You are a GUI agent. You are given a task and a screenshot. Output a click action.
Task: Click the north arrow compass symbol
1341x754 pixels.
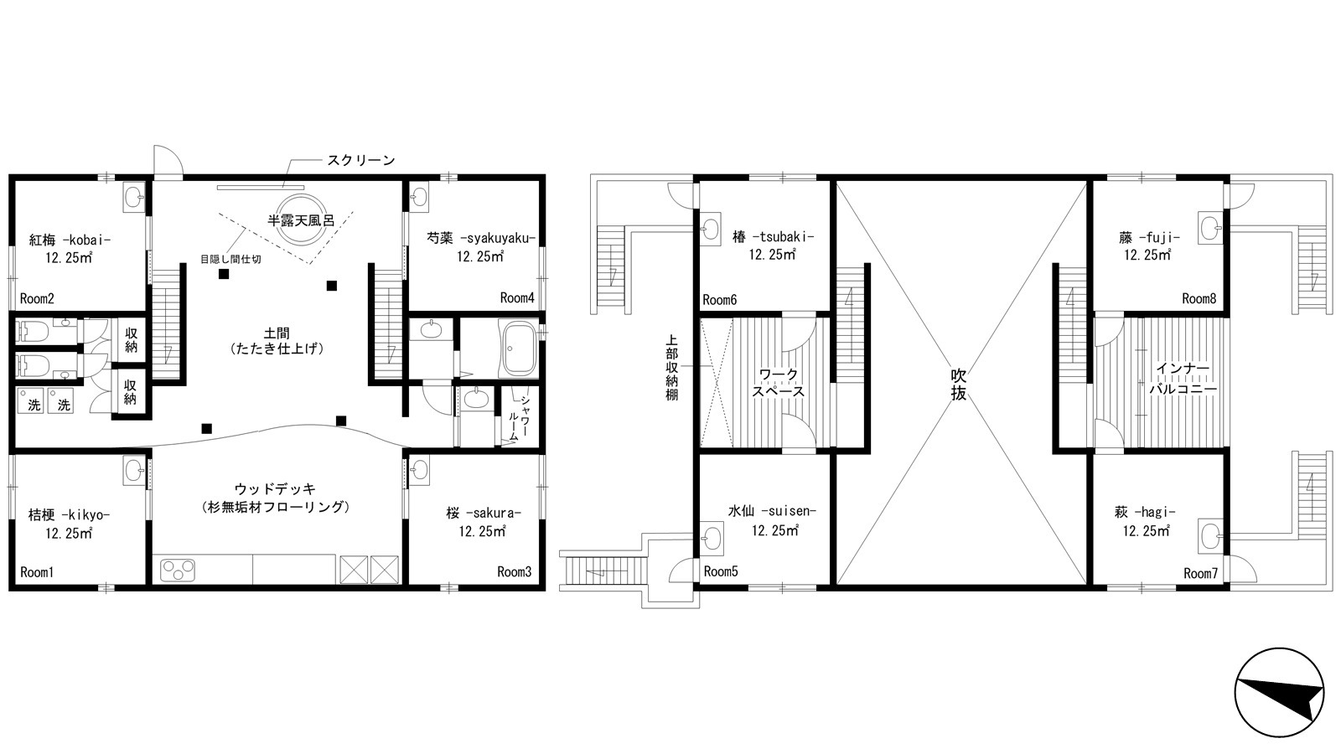(1279, 692)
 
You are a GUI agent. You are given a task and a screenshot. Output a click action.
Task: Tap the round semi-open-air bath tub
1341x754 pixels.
(301, 219)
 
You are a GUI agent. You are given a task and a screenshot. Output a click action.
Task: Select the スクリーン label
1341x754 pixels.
(361, 160)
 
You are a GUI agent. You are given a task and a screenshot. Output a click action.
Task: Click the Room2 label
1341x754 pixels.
(37, 298)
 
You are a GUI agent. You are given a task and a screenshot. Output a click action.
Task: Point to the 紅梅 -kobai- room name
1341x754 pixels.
(70, 240)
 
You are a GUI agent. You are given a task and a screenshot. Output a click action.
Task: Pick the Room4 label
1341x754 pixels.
(517, 298)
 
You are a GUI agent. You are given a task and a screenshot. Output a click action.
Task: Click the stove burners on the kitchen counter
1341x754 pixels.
(177, 571)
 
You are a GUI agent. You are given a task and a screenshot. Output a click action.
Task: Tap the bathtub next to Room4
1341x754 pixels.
(520, 349)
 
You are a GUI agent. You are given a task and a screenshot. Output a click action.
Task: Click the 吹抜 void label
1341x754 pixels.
(959, 385)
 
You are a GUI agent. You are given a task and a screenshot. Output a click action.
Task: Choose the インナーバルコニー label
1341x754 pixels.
(1183, 379)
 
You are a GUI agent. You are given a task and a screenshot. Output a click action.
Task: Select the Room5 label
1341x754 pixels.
(721, 571)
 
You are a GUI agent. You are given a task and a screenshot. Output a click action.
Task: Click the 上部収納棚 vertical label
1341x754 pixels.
(671, 367)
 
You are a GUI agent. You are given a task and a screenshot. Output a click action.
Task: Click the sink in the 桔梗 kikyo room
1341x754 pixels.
(134, 470)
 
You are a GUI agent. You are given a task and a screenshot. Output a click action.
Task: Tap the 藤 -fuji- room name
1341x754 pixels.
(1149, 238)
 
